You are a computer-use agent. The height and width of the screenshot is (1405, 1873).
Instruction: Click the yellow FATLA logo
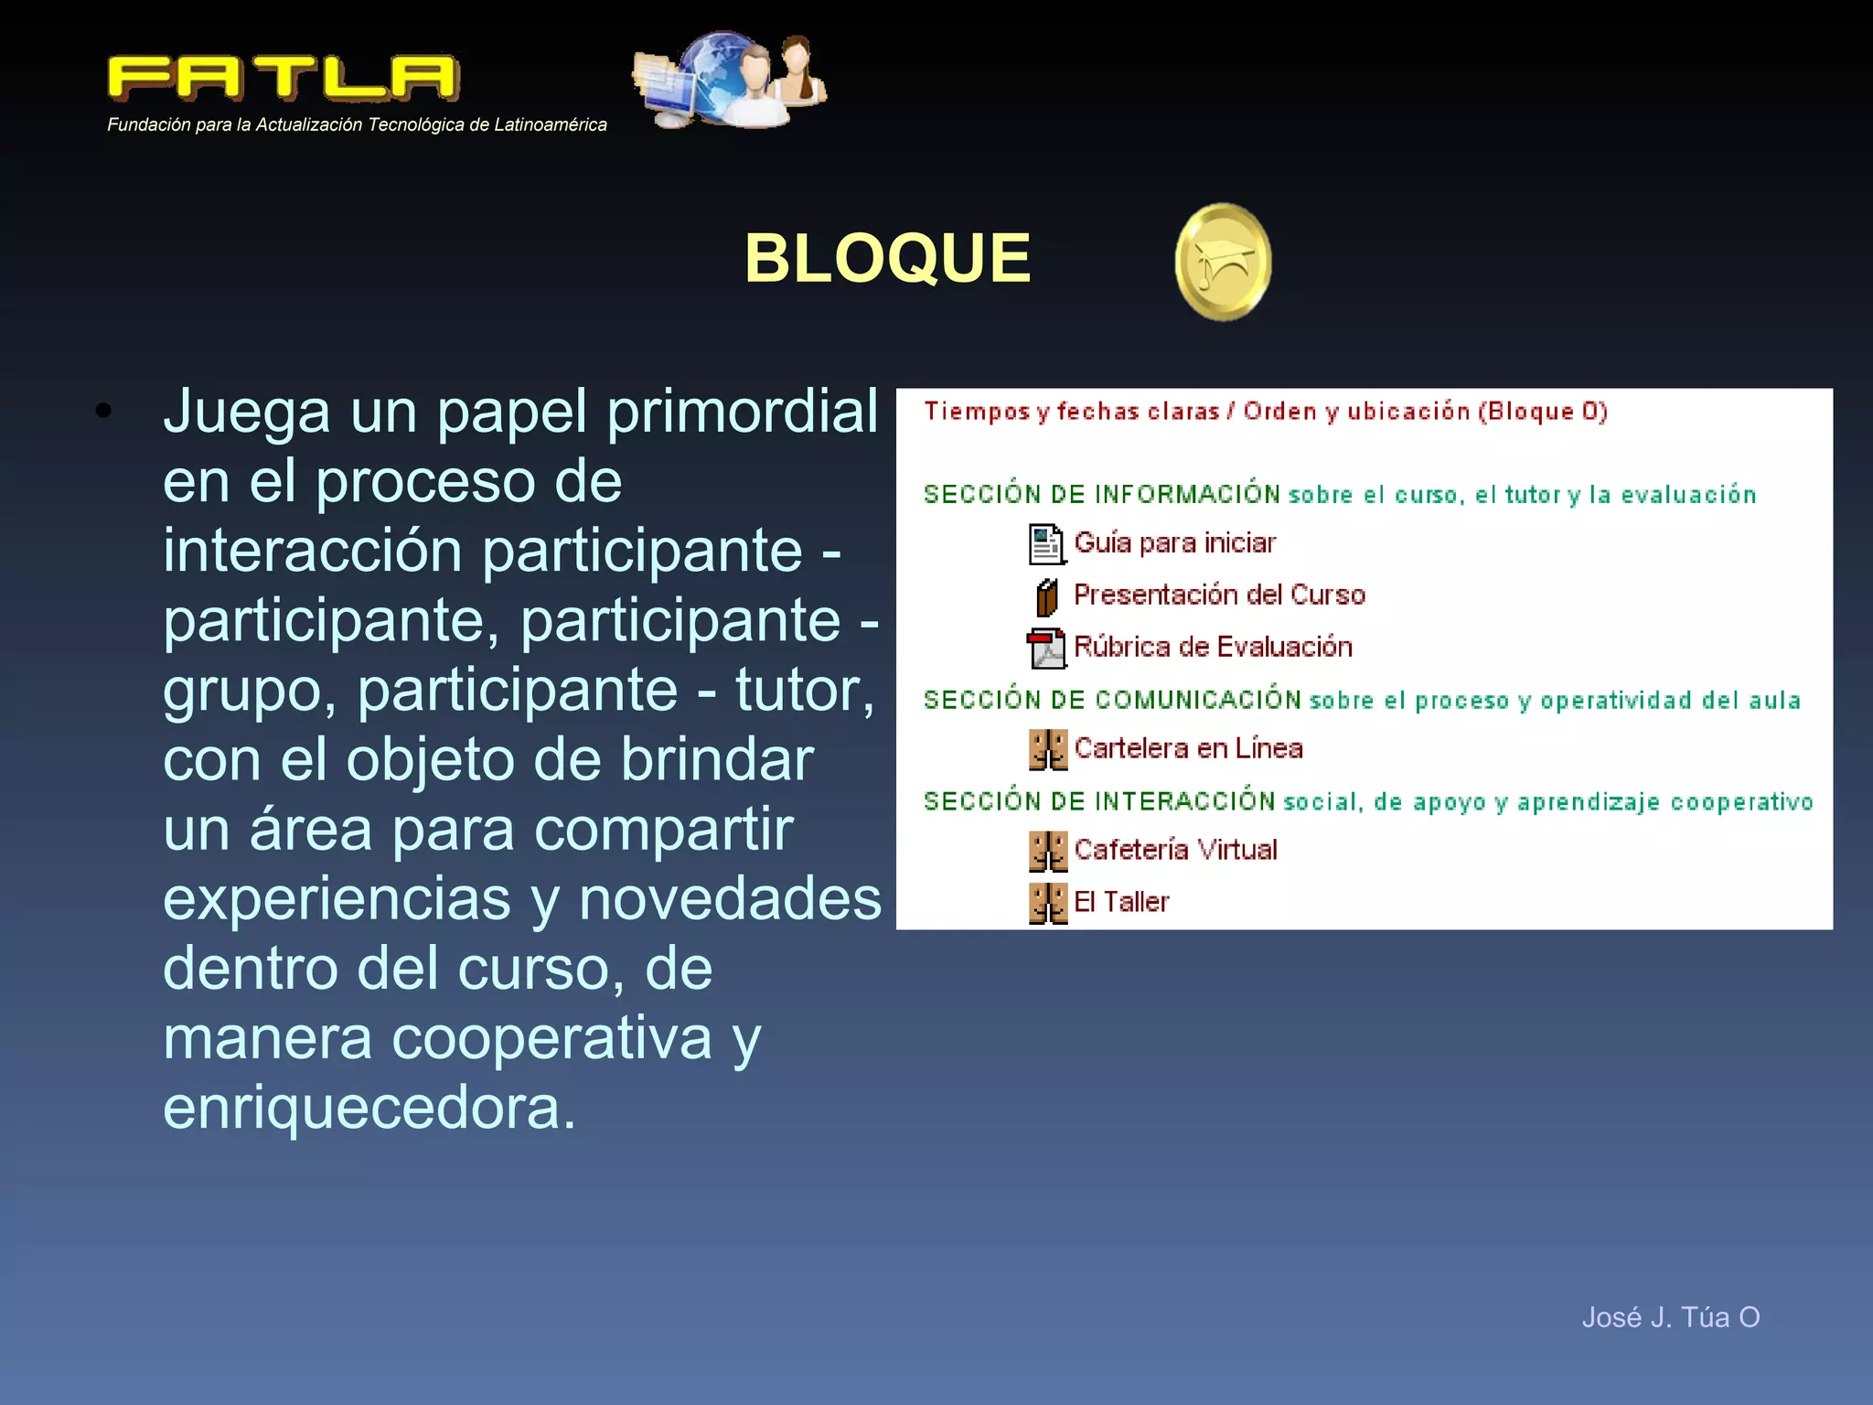pyautogui.click(x=284, y=79)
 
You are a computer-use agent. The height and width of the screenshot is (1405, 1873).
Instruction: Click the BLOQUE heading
pyautogui.click(x=887, y=258)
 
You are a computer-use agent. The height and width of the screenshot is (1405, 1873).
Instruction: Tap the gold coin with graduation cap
pyautogui.click(x=1223, y=263)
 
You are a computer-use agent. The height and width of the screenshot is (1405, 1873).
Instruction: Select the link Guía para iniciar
pyautogui.click(x=1174, y=543)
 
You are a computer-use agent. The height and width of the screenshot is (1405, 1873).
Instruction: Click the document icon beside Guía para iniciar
pyautogui.click(x=1046, y=544)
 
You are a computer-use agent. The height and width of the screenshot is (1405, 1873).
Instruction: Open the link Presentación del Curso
pyautogui.click(x=1219, y=595)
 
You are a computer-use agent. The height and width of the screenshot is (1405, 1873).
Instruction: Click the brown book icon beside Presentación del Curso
pyautogui.click(x=1047, y=597)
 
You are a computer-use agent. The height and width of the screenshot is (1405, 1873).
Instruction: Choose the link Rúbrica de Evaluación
pyautogui.click(x=1213, y=648)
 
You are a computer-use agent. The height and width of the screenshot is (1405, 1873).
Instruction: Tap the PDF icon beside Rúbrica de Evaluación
pyautogui.click(x=1046, y=649)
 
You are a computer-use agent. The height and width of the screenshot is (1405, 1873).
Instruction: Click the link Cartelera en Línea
pyautogui.click(x=1188, y=749)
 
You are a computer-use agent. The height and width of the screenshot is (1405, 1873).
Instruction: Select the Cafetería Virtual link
pyautogui.click(x=1175, y=851)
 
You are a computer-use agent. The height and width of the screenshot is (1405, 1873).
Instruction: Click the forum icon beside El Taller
pyautogui.click(x=1047, y=903)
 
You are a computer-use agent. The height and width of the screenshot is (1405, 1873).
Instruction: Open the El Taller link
pyautogui.click(x=1121, y=903)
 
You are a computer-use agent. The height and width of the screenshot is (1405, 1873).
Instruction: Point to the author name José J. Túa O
pyautogui.click(x=1670, y=1317)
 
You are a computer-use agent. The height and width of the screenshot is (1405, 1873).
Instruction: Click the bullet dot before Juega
pyautogui.click(x=103, y=412)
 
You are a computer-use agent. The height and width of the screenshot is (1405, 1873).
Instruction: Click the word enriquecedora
pyautogui.click(x=369, y=1108)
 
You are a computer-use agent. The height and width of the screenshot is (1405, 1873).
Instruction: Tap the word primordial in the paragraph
pyautogui.click(x=742, y=412)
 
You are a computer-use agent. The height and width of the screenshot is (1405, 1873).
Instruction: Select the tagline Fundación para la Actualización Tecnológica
pyautogui.click(x=357, y=125)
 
